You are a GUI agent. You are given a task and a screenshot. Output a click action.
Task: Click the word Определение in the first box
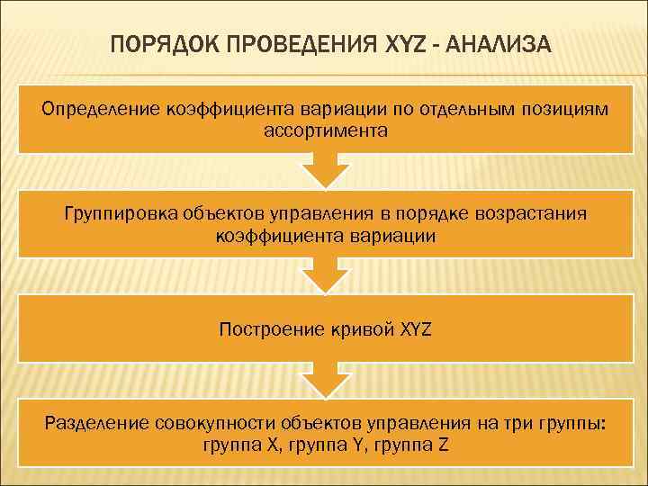[99, 109]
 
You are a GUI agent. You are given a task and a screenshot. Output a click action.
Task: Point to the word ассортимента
[326, 131]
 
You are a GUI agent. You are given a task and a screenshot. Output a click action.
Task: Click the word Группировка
[121, 214]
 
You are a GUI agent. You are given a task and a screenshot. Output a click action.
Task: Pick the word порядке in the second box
[438, 214]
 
